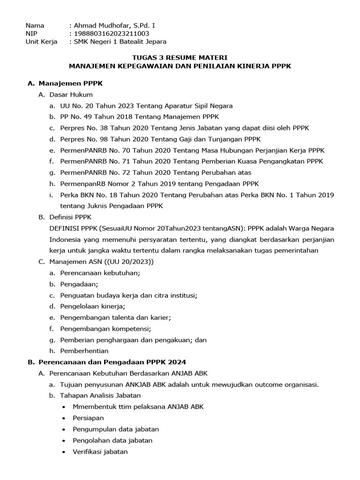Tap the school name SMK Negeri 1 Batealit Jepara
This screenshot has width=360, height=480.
pos(120,42)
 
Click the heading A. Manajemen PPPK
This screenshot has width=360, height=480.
pos(65,83)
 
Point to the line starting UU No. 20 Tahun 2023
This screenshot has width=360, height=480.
pos(146,106)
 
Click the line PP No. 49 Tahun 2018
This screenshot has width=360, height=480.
pos(139,117)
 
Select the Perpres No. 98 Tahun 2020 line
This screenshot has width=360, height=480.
pos(160,139)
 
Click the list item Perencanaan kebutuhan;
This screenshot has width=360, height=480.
pos(100,273)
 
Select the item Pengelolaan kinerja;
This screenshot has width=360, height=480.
pos(92,307)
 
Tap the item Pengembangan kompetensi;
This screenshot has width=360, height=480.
pos(105,329)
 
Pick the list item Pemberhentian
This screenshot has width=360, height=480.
pos(84,351)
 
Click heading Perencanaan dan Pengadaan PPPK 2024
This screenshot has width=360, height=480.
pos(112,362)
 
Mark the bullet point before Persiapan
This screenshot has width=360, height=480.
pos(64,418)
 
